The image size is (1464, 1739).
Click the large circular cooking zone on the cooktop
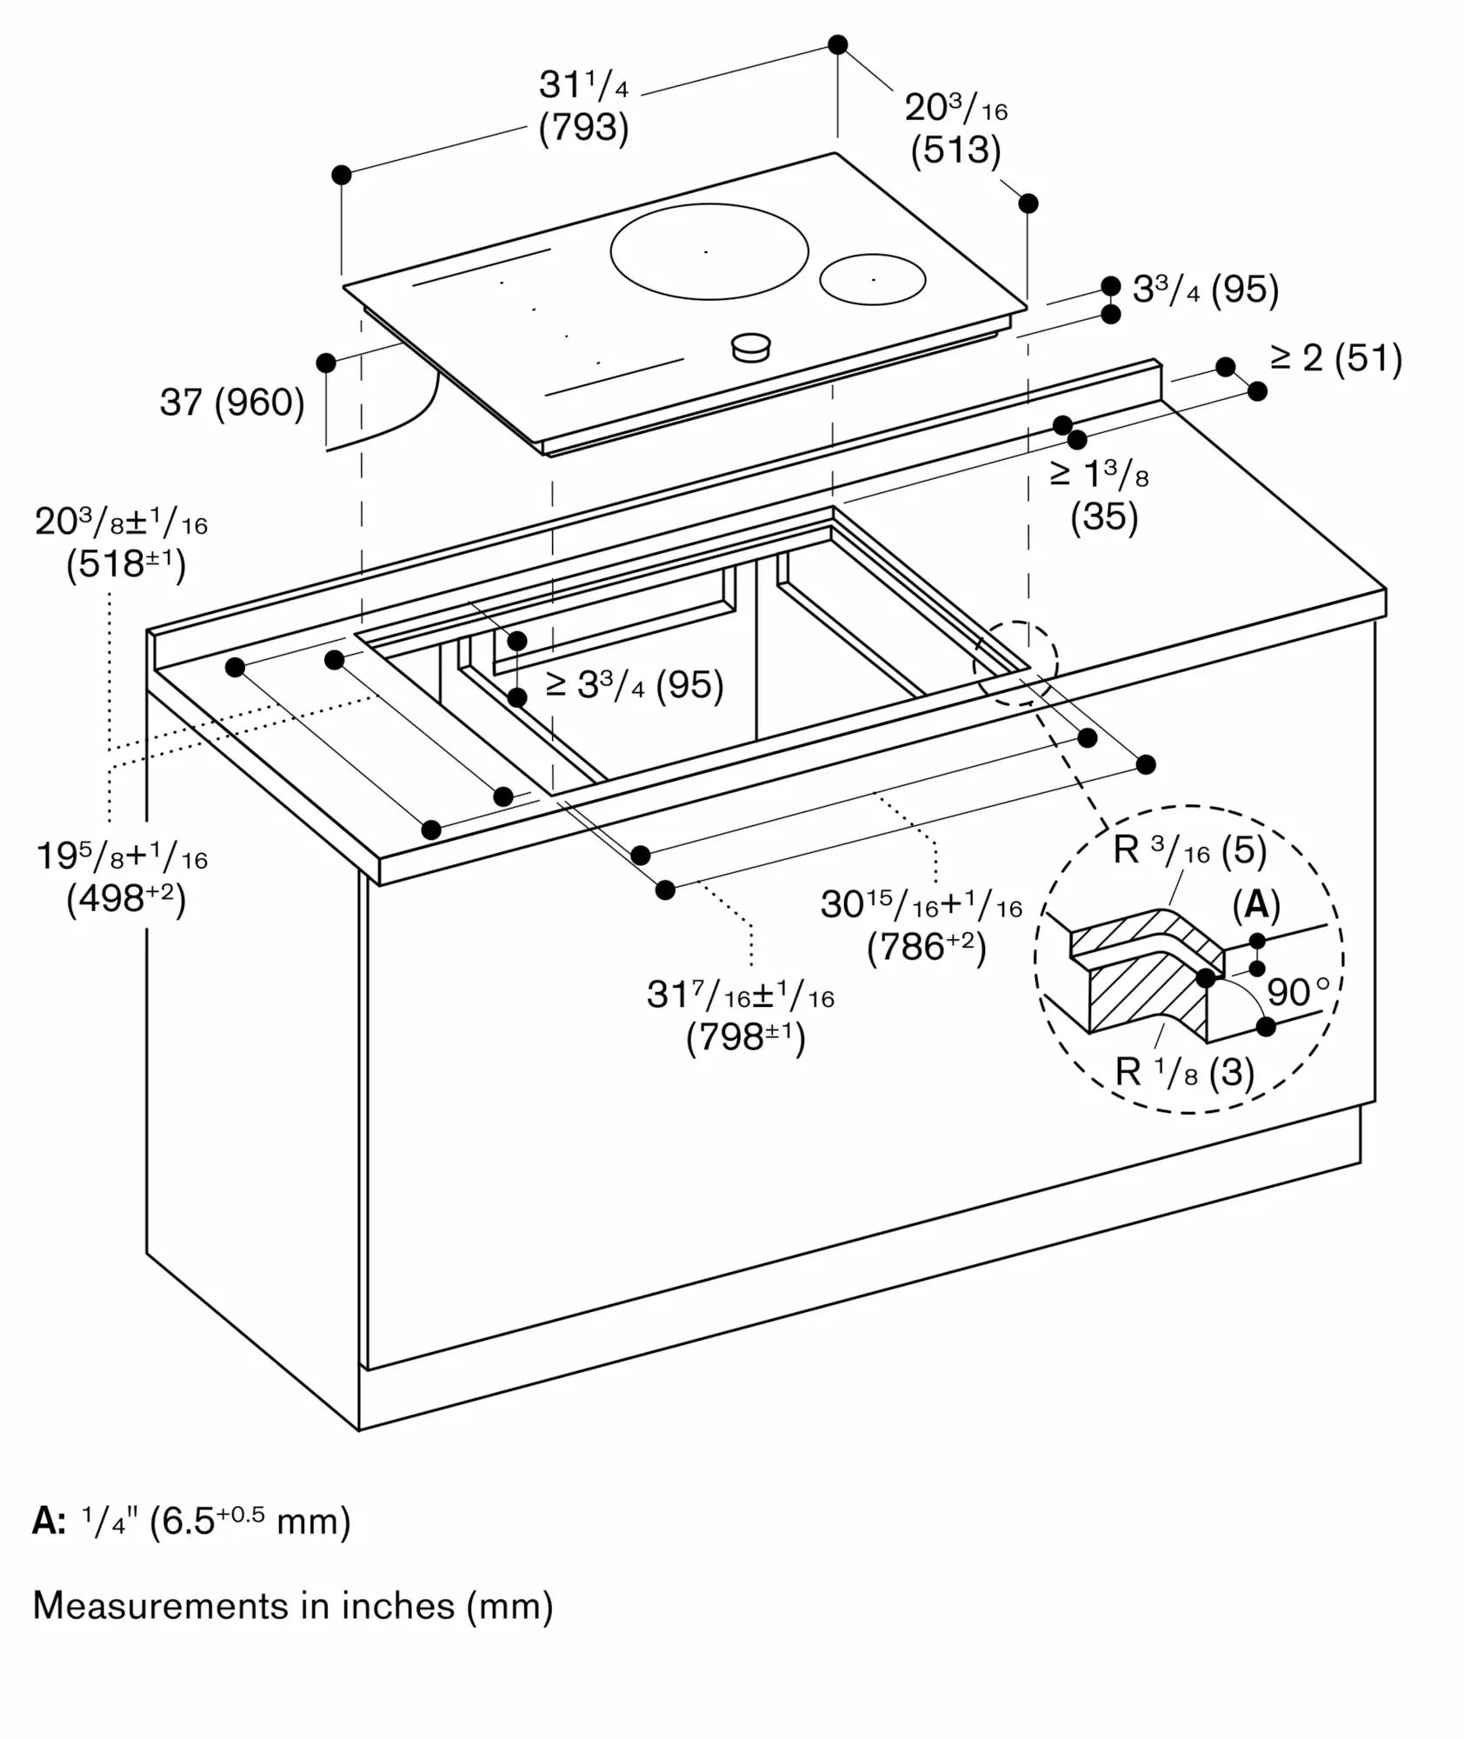point(709,251)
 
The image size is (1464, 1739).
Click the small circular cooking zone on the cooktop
point(872,279)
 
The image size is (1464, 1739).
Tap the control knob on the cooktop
point(750,347)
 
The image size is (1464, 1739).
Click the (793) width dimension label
point(583,128)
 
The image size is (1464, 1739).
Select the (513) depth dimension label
point(955,150)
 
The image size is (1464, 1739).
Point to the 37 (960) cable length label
point(232,403)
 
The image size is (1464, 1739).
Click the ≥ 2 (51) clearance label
point(1336,358)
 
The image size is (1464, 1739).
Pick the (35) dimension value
point(1104,516)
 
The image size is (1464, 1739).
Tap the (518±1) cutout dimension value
point(126,565)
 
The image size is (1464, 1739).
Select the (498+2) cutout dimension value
point(126,899)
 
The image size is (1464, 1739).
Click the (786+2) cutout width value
point(927,947)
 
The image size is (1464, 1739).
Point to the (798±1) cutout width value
point(746,1037)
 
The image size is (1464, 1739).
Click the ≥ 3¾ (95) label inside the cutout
point(635,685)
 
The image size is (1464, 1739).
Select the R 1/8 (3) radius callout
point(1184,1073)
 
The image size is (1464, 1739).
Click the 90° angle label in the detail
point(1298,991)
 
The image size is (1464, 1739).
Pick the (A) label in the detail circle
point(1256,905)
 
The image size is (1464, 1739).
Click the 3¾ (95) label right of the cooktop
point(1206,290)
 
